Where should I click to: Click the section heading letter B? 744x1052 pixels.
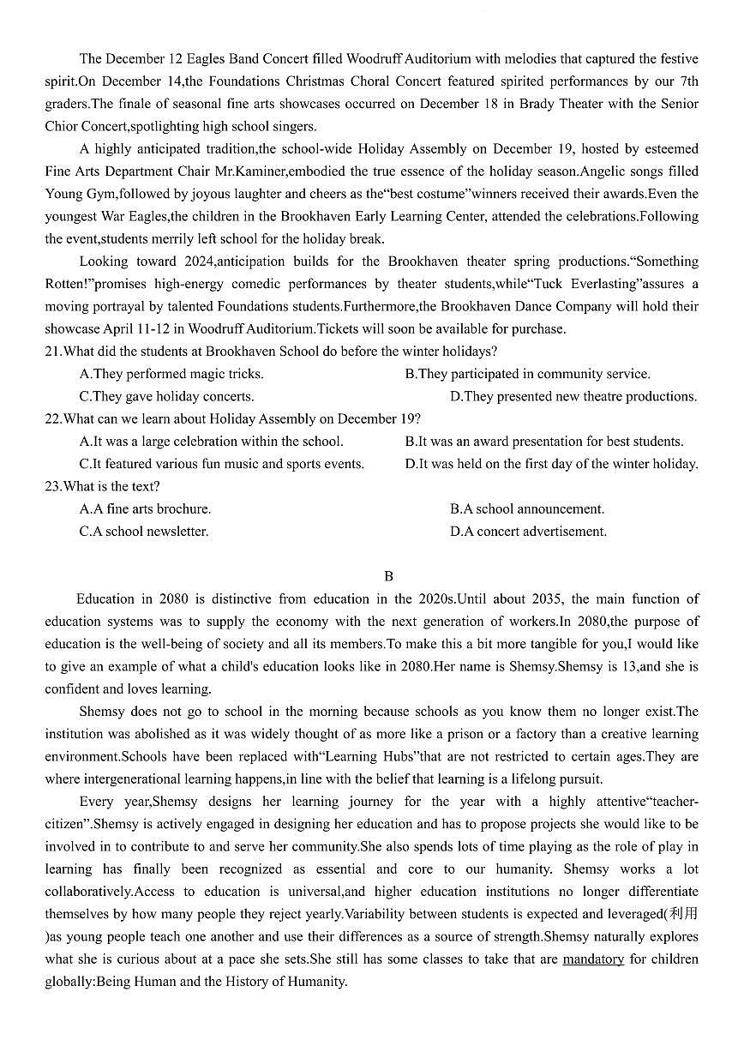(388, 576)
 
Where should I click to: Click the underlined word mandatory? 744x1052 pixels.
(592, 959)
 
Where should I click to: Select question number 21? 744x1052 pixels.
(53, 352)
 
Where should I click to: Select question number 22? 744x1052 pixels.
(53, 418)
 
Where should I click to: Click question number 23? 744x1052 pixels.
(53, 486)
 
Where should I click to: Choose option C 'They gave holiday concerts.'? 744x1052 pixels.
(166, 396)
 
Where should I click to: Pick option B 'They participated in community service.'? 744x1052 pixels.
(527, 374)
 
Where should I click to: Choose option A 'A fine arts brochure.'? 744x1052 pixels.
(145, 508)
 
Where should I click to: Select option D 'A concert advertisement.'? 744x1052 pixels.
(528, 532)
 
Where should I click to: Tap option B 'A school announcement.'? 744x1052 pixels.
(526, 508)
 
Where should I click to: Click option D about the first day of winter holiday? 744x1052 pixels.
(551, 464)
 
